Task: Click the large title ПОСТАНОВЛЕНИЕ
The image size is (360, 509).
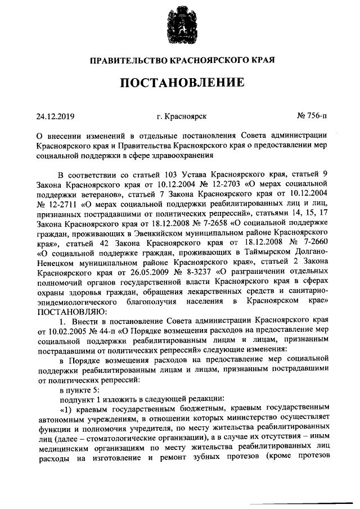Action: click(x=181, y=83)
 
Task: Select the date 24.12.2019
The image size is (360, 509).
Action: click(x=56, y=116)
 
